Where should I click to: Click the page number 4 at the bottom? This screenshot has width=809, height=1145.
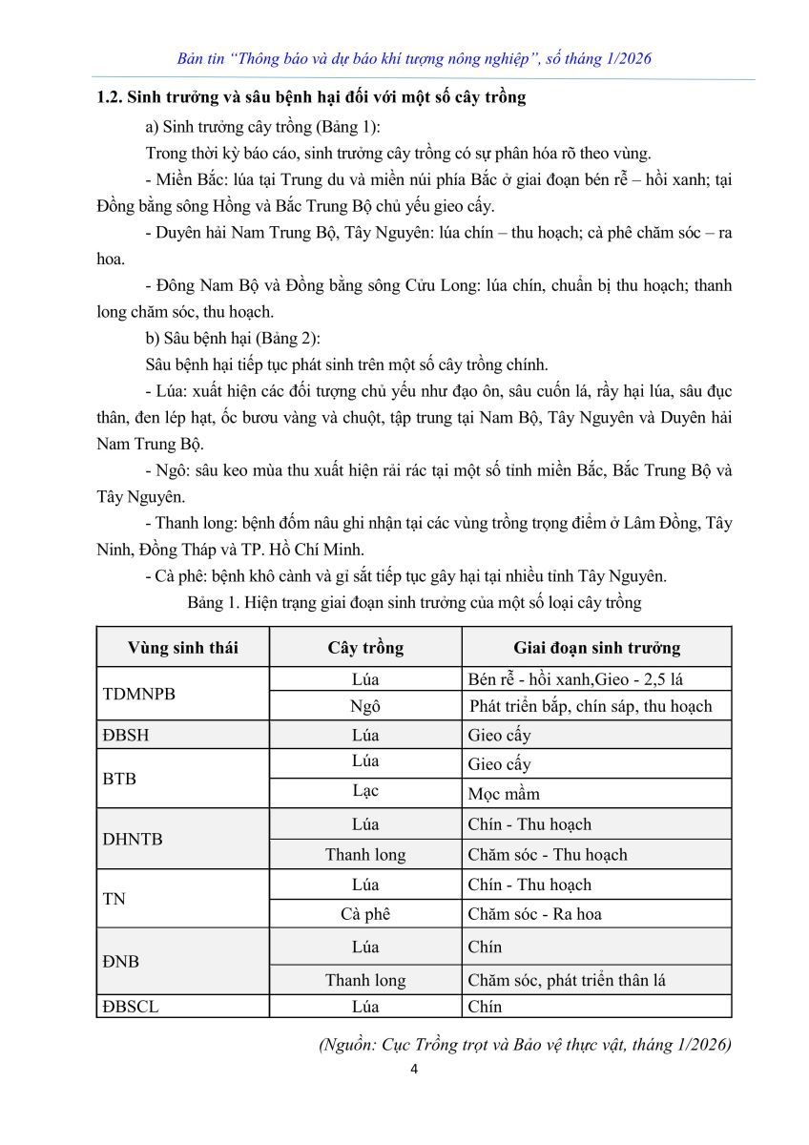pyautogui.click(x=414, y=1069)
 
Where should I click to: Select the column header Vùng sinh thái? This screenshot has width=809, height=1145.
pyautogui.click(x=183, y=648)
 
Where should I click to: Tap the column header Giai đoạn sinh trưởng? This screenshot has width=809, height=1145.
pyautogui.click(x=596, y=648)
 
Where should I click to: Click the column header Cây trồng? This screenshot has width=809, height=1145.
pyautogui.click(x=365, y=648)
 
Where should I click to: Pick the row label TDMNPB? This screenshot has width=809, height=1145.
pyautogui.click(x=139, y=693)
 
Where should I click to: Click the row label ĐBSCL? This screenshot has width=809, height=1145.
pyautogui.click(x=131, y=1006)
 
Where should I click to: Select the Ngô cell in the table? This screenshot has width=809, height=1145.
pyautogui.click(x=365, y=706)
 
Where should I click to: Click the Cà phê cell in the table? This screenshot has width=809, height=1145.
pyautogui.click(x=365, y=913)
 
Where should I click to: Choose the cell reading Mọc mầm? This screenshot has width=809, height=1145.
pyautogui.click(x=504, y=794)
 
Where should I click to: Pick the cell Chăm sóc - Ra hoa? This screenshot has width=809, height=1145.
pyautogui.click(x=534, y=913)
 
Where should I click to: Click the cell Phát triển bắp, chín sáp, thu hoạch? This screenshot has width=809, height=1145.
pyautogui.click(x=591, y=706)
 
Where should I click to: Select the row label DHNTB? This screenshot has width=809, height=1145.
pyautogui.click(x=133, y=839)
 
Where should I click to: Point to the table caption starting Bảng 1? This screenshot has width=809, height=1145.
pyautogui.click(x=414, y=602)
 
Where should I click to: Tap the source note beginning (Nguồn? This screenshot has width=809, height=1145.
pyautogui.click(x=525, y=1044)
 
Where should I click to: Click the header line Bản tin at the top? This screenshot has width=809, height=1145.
pyautogui.click(x=414, y=59)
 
